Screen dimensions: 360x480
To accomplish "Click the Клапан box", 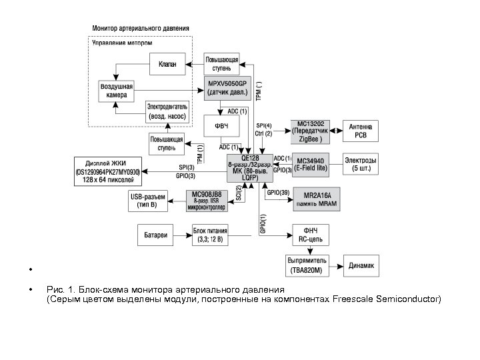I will pyautogui.click(x=167, y=65).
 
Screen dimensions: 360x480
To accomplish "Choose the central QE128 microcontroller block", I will pyautogui.click(x=249, y=167).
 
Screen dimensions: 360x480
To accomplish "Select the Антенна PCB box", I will pyautogui.click(x=361, y=131).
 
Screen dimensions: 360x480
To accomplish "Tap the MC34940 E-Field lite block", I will pyautogui.click(x=311, y=165).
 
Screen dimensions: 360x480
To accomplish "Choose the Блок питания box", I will pyautogui.click(x=209, y=235).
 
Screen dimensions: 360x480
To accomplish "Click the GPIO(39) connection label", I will pyautogui.click(x=277, y=193).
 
